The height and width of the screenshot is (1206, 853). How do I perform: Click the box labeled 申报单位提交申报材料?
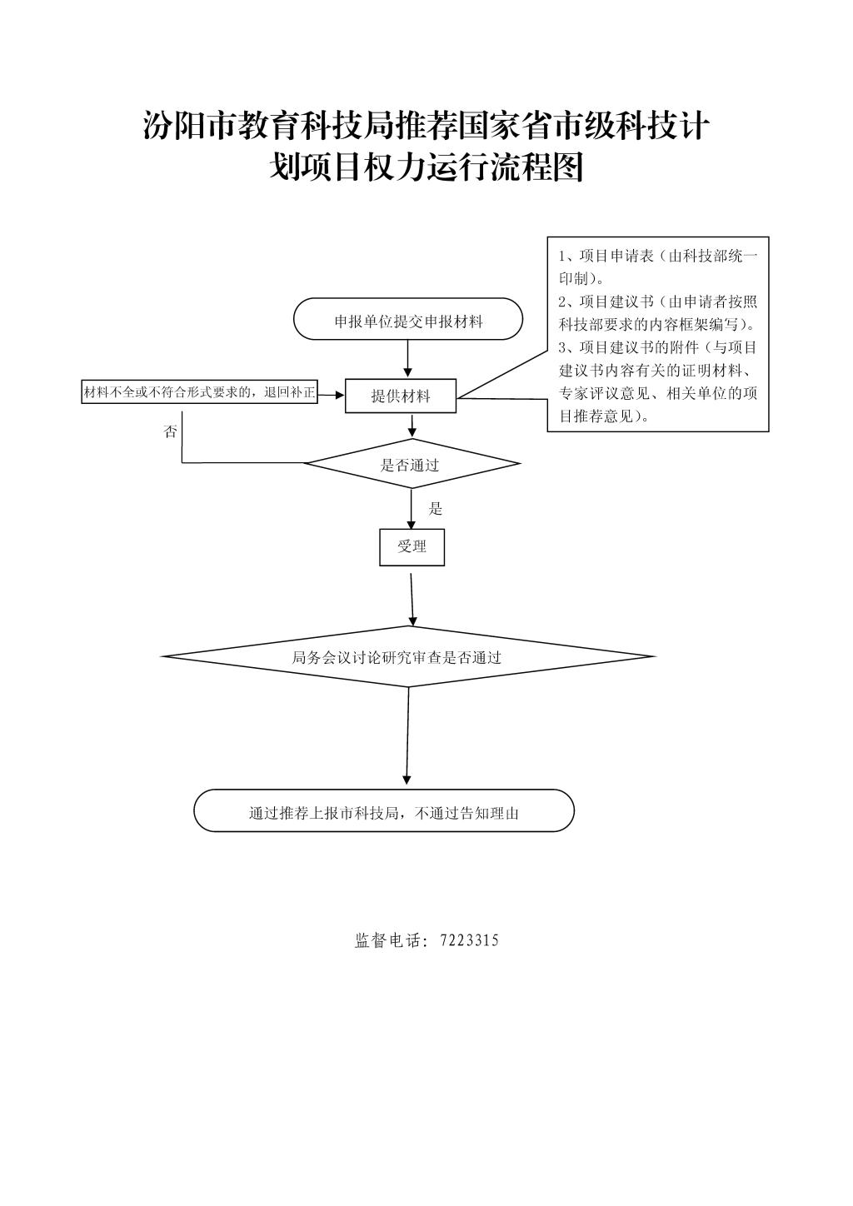pos(407,319)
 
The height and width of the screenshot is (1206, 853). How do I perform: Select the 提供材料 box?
pos(400,396)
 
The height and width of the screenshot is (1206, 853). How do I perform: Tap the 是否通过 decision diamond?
pos(412,464)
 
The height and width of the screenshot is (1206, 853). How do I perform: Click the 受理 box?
pos(412,547)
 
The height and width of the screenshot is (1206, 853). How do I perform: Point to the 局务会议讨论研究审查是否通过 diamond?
pos(407,656)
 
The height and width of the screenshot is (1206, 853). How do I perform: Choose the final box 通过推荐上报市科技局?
pos(384,810)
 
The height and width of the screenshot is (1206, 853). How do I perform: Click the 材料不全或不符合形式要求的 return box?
pos(199,392)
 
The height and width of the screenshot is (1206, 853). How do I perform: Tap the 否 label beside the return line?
pos(170,431)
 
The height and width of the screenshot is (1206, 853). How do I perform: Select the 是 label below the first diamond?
pos(435,508)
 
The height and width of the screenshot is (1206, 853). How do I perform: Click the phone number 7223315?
pos(469,940)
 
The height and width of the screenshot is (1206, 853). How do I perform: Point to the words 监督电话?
pos(387,940)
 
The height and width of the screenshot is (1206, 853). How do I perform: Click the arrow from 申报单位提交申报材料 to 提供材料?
pos(407,359)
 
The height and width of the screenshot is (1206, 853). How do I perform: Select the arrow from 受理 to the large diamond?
pos(412,599)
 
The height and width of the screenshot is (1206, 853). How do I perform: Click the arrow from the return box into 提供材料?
pos(331,395)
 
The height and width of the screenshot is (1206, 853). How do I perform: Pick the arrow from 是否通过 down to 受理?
pos(412,509)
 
